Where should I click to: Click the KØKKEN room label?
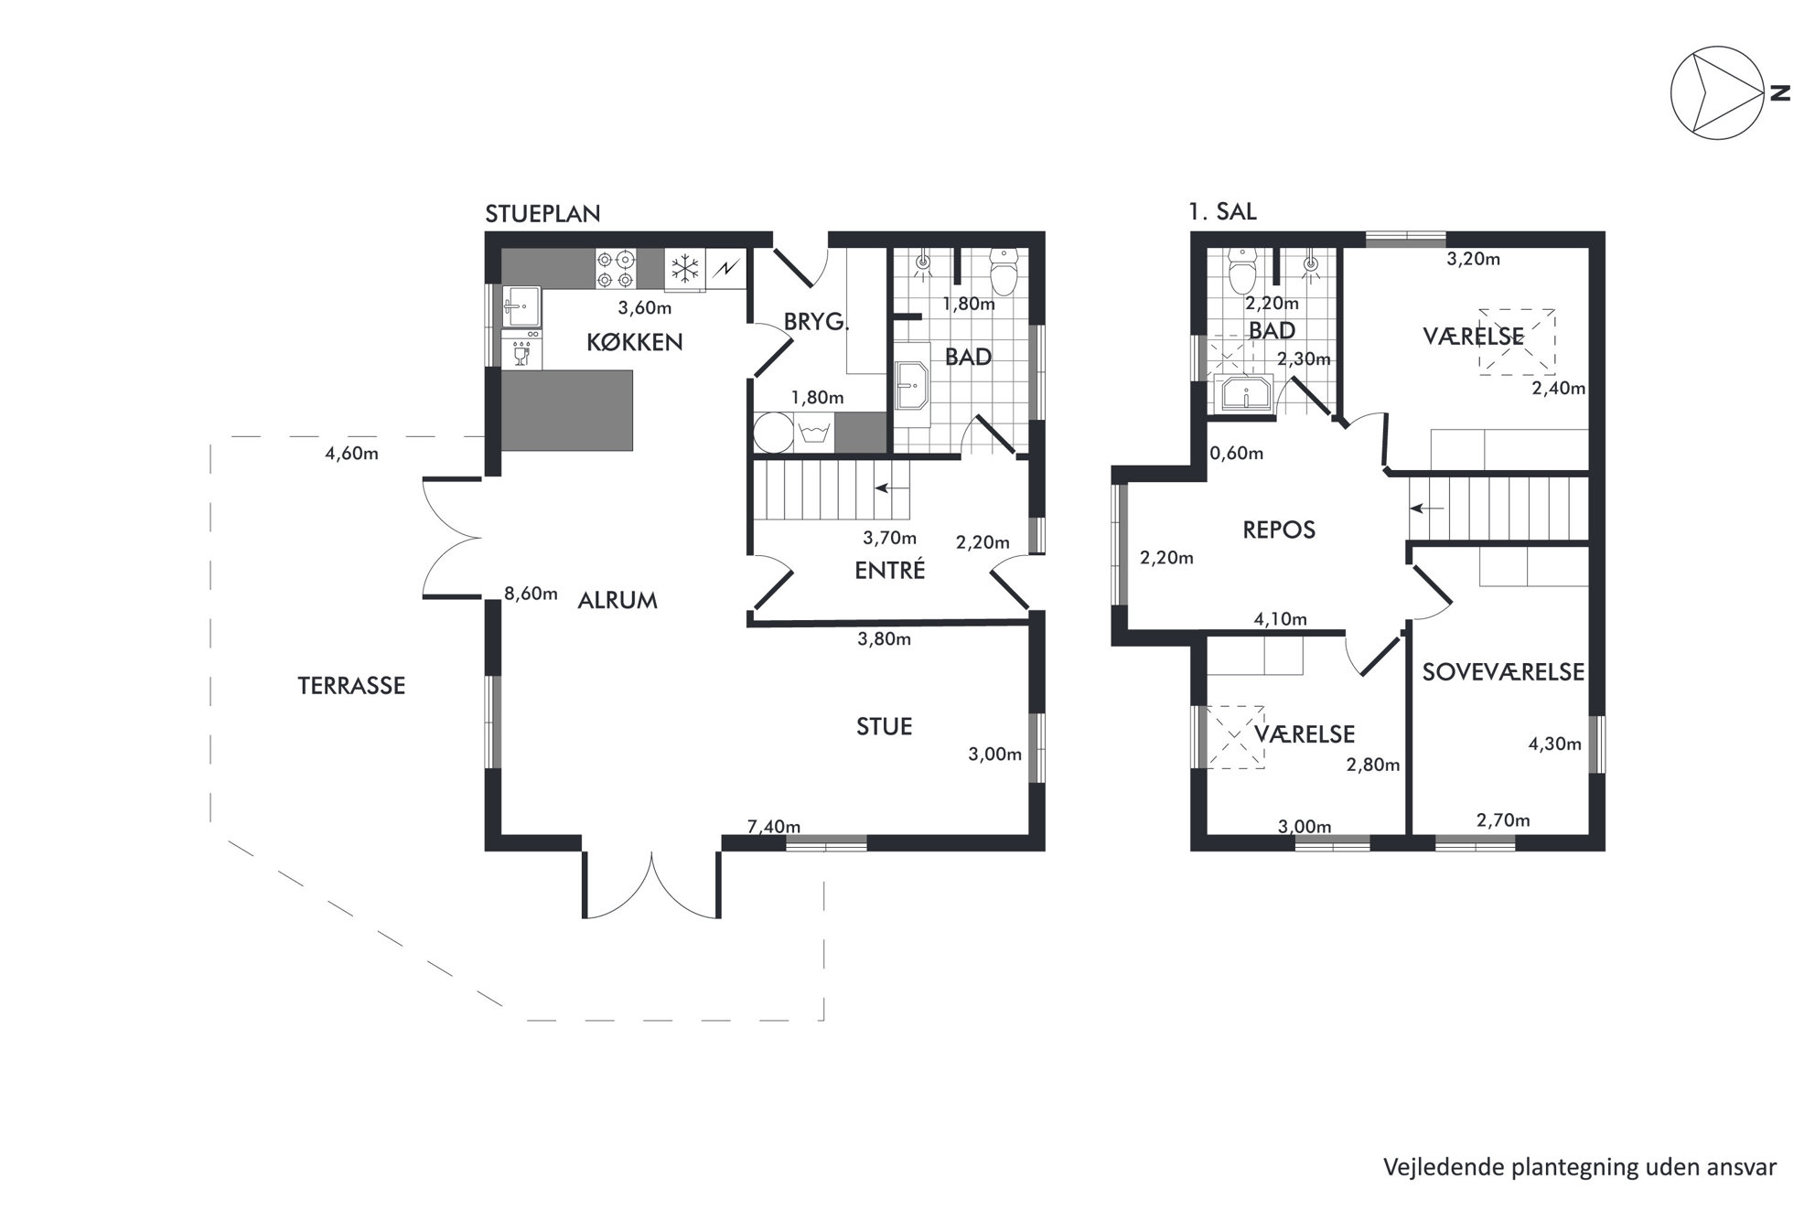[635, 342]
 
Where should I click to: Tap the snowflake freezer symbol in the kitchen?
[684, 269]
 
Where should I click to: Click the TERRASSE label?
[351, 686]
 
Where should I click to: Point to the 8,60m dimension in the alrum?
[532, 594]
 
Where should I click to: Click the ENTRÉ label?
[890, 570]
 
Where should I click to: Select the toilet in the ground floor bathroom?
[1004, 273]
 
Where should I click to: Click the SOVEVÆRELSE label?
[1503, 672]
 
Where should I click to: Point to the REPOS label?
[1279, 530]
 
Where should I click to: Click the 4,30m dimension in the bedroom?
[1554, 744]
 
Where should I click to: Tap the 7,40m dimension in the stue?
[774, 827]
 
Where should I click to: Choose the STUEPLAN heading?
[542, 214]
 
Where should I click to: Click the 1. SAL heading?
[1222, 211]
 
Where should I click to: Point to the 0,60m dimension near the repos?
[1237, 453]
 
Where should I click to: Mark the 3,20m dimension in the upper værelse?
[1473, 259]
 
